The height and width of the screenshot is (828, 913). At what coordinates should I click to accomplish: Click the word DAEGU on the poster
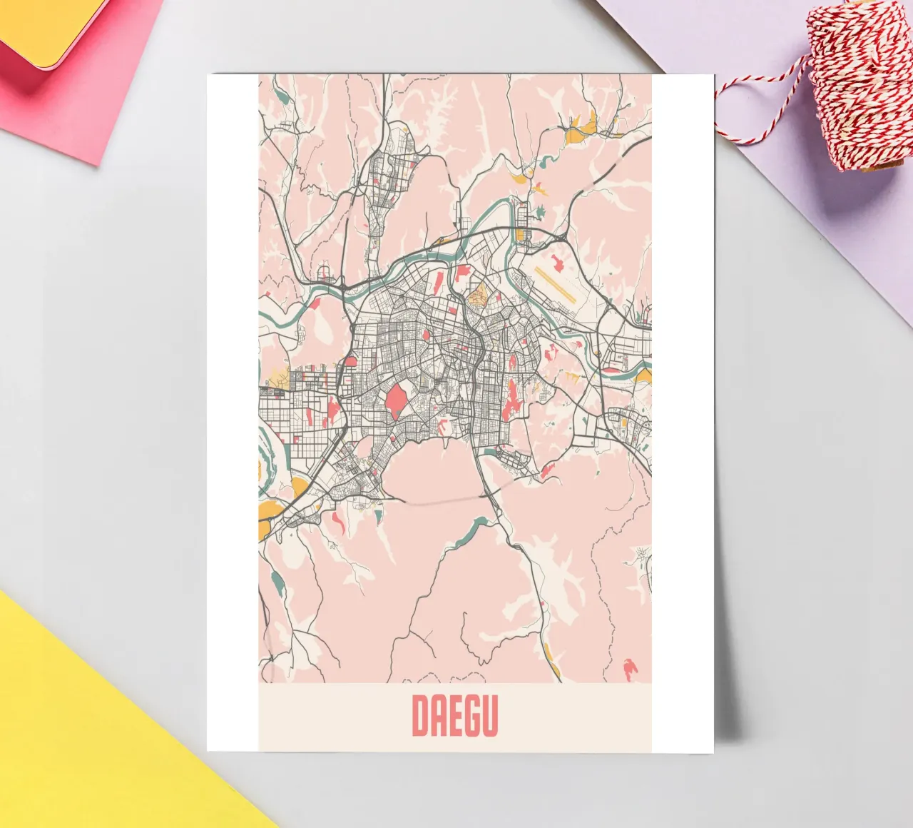pyautogui.click(x=454, y=716)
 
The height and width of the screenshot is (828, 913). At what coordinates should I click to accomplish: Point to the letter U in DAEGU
pyautogui.click(x=489, y=716)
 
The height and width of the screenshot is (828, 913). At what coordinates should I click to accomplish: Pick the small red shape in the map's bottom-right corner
pyautogui.click(x=629, y=668)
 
